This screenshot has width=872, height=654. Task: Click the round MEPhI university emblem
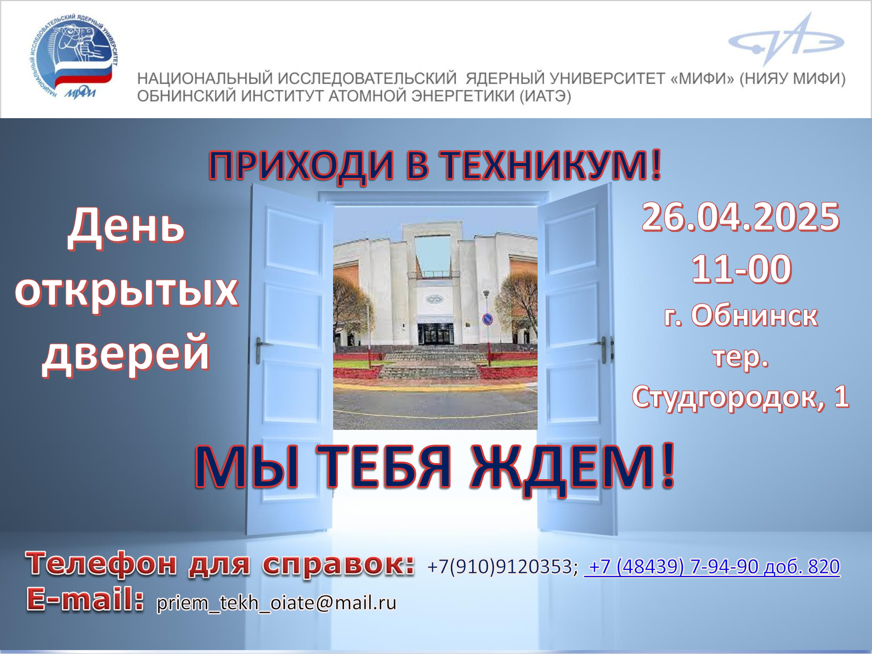point(73,57)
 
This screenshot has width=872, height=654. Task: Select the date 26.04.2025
point(741,217)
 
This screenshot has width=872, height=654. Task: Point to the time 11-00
point(741,269)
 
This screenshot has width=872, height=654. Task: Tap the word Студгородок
point(729,398)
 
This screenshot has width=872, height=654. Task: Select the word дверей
point(126,353)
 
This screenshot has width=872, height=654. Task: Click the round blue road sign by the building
point(487,320)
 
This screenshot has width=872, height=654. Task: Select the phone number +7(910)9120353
point(503,567)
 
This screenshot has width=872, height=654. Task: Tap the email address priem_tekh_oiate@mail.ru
point(276,603)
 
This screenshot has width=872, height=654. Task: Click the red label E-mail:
point(85,599)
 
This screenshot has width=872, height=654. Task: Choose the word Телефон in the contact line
point(101,563)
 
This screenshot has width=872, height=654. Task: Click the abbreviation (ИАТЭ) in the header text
point(545,96)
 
